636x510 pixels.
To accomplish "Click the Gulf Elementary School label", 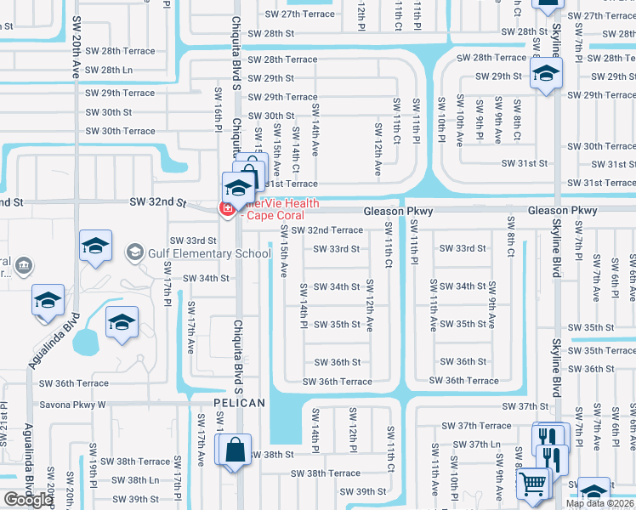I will pos(210,253).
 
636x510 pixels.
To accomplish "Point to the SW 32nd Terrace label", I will pos(327,230).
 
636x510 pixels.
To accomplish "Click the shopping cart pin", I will pos(534,484).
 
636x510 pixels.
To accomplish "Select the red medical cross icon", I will pos(227,208).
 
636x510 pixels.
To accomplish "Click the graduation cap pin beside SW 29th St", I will pos(546,74).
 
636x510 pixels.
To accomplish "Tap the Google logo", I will pos(29,501).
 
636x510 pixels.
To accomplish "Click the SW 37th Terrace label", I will pos(484,426).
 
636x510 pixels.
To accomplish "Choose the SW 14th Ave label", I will pos(315,128).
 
